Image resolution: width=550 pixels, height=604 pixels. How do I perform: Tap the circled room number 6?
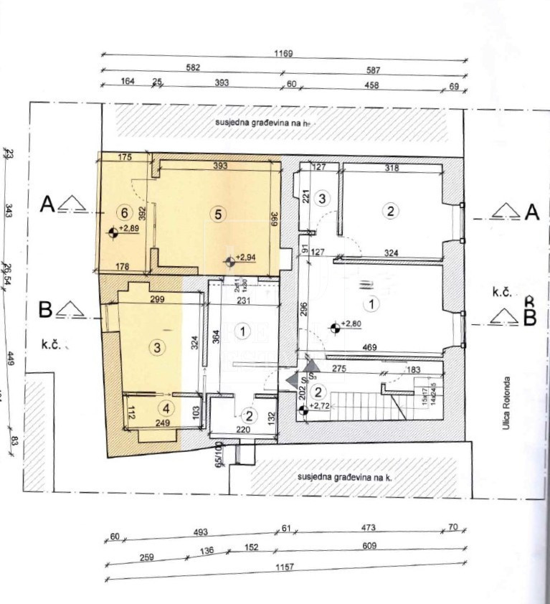tap(125, 213)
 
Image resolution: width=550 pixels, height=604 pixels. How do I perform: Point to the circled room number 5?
tap(218, 213)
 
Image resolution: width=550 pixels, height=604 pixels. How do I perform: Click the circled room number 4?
tap(166, 409)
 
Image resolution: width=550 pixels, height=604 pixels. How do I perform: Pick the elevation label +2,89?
tap(129, 228)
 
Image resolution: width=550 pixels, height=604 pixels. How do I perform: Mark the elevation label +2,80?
tap(351, 324)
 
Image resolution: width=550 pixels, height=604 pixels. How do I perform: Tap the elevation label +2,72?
tap(320, 405)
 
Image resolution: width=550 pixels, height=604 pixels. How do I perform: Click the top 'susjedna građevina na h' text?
tap(265, 123)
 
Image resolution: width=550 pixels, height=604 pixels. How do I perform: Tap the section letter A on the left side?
tap(47, 205)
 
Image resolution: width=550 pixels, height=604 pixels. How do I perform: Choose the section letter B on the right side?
tap(530, 318)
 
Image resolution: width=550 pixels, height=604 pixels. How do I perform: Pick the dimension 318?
tap(392, 169)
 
